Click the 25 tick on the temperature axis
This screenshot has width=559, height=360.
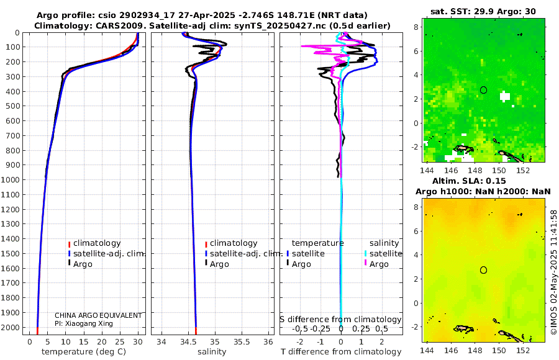[120, 342]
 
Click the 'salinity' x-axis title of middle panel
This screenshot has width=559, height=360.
[212, 352]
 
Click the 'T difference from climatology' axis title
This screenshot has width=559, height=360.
[341, 352]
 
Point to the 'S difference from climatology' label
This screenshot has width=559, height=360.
[340, 320]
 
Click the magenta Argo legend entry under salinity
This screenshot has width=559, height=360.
[378, 264]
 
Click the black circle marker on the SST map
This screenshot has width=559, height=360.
[484, 90]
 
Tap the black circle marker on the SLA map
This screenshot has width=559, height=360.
[484, 270]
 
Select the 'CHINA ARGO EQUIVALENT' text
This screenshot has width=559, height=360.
[98, 315]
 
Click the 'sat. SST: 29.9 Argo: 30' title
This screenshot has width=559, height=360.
[483, 11]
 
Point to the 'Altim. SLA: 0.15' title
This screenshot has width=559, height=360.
[483, 180]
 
